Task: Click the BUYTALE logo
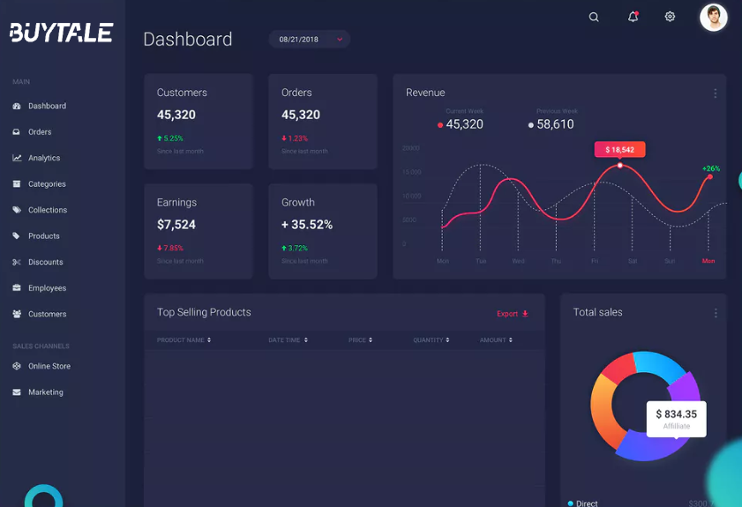(61, 33)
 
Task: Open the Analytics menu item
(43, 158)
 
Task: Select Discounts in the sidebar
(45, 262)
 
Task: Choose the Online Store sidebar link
(49, 366)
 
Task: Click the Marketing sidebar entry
(45, 392)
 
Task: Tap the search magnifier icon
(594, 17)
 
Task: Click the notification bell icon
(633, 17)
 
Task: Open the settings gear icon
(670, 17)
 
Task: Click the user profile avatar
(713, 17)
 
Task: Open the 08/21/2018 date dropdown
(310, 39)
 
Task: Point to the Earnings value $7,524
(176, 225)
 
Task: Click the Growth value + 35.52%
(307, 225)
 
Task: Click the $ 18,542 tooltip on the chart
(619, 150)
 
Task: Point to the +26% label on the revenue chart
(711, 168)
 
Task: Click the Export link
(512, 314)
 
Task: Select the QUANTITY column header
(431, 340)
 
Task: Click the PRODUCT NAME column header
(184, 340)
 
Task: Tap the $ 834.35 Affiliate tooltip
(676, 419)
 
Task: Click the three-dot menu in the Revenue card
(715, 93)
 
